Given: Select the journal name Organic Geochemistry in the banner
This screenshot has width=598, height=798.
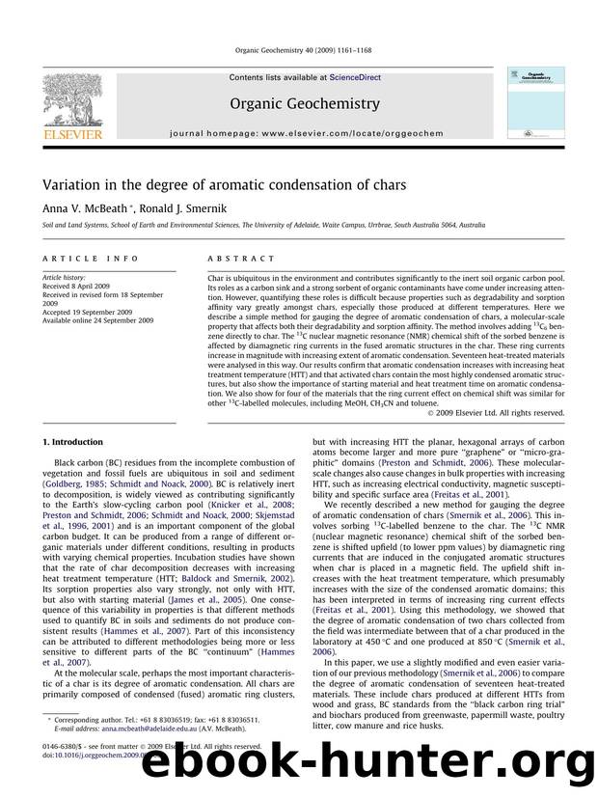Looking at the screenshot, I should click(299, 103).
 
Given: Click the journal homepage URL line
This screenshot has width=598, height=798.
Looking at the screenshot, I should click(299, 140).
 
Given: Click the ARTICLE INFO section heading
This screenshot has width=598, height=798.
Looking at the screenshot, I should click(73, 260).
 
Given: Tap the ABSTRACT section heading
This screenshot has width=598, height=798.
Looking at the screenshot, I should click(234, 260).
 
